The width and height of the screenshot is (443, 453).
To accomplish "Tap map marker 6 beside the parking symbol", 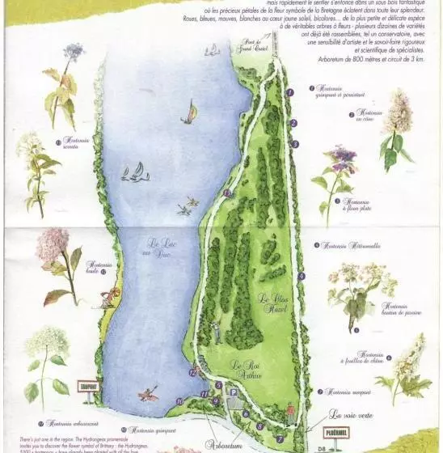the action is pyautogui.click(x=246, y=413).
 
